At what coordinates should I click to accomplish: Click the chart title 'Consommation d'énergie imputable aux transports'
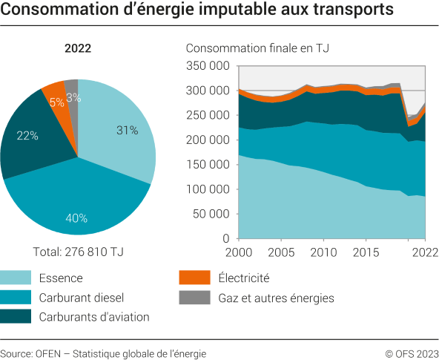[197, 13]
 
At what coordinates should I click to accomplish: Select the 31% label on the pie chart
[128, 131]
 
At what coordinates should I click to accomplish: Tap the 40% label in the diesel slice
[76, 218]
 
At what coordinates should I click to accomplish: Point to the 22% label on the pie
[27, 136]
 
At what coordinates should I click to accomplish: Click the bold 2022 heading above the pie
[78, 50]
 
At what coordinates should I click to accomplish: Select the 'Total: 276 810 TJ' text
[78, 252]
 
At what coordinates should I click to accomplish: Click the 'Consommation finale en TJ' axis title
[257, 49]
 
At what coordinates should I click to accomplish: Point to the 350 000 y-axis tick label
[208, 66]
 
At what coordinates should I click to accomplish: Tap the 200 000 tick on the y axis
[208, 140]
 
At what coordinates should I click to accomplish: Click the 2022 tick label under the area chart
[423, 253]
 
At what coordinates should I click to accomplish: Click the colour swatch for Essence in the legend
[16, 279]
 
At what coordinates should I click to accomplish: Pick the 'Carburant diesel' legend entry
[81, 298]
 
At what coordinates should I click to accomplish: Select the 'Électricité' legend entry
[243, 279]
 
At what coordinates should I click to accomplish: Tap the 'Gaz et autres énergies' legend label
[277, 298]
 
